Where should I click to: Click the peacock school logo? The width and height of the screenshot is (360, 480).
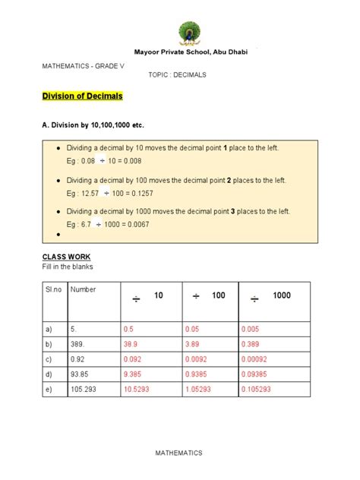point(189,34)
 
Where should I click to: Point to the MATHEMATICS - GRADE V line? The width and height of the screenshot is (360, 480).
point(81,65)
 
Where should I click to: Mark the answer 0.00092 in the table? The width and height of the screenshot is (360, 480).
point(257,358)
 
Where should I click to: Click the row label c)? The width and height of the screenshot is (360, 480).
point(49,358)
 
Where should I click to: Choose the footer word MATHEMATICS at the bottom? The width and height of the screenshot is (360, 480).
point(180,453)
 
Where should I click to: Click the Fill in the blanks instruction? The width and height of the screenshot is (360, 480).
point(68,268)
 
